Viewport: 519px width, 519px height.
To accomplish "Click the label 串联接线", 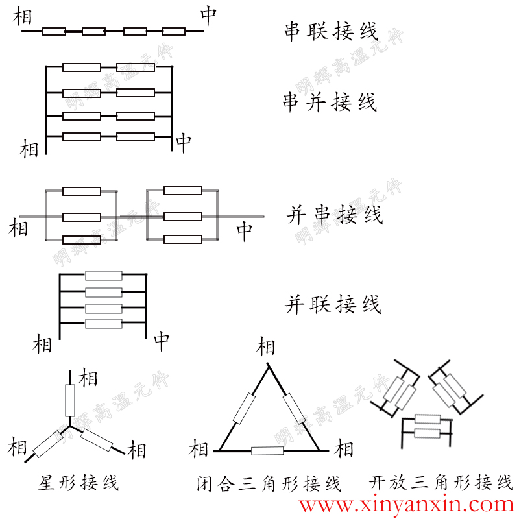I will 331,30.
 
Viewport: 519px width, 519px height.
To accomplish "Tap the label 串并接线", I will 330,102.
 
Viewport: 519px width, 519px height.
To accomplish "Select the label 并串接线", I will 334,215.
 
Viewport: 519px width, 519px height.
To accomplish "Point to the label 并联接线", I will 333,304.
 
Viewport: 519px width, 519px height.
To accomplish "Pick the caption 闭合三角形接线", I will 269,483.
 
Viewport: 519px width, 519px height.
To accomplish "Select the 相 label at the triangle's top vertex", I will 266,346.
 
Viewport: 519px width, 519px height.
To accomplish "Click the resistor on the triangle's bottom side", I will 267,450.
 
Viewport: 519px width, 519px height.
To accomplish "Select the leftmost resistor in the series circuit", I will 54,31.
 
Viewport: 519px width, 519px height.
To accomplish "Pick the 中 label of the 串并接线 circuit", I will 184,143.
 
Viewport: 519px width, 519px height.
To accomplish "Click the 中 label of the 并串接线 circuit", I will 244,231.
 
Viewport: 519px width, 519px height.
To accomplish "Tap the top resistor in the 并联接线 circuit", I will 104,275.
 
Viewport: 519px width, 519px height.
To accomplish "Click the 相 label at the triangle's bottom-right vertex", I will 344,448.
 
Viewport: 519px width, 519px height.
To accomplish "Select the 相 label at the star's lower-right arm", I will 137,449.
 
